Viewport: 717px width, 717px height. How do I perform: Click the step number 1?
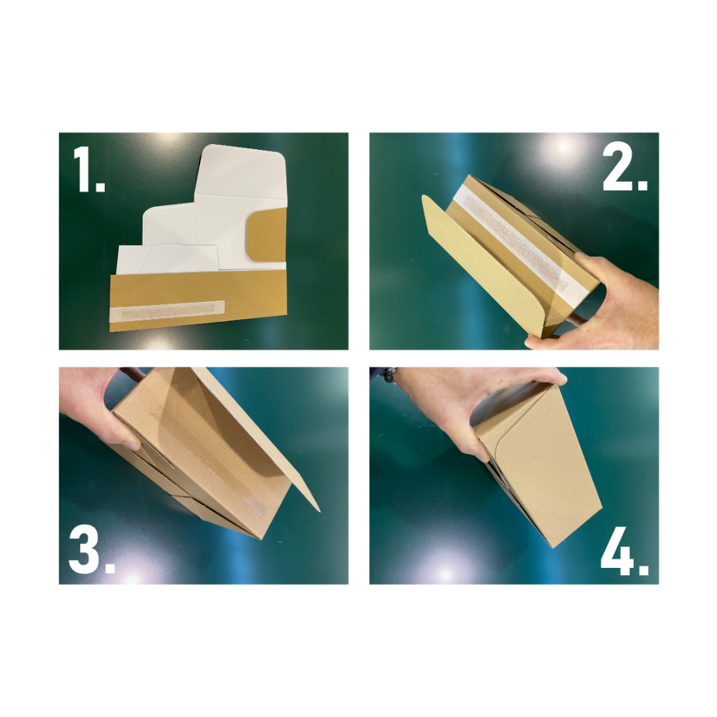[x=89, y=170]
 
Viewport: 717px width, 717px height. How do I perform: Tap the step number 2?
[x=625, y=168]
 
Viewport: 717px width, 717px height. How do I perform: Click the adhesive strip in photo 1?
[x=168, y=310]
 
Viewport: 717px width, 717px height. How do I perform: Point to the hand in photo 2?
[x=599, y=302]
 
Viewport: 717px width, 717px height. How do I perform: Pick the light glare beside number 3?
[x=133, y=577]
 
